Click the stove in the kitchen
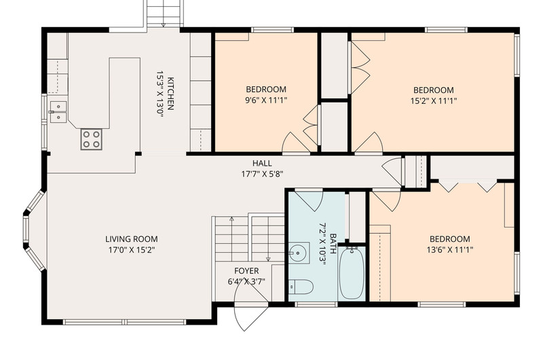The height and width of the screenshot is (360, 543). (92, 139)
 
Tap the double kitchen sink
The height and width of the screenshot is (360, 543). (58, 112)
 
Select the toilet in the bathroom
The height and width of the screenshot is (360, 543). (301, 287)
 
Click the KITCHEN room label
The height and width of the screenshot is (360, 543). (170, 93)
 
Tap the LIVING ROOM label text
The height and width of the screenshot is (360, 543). (132, 239)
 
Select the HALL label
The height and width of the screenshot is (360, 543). (262, 163)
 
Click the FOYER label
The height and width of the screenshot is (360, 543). (246, 271)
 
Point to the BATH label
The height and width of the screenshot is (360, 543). (333, 244)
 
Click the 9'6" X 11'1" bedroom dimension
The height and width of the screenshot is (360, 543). (266, 101)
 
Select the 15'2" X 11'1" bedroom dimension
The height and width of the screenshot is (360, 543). (434, 101)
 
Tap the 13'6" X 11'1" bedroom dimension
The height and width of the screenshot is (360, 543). (450, 249)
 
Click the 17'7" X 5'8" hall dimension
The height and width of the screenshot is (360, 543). (262, 174)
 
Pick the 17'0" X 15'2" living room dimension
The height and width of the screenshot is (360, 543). (132, 250)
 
